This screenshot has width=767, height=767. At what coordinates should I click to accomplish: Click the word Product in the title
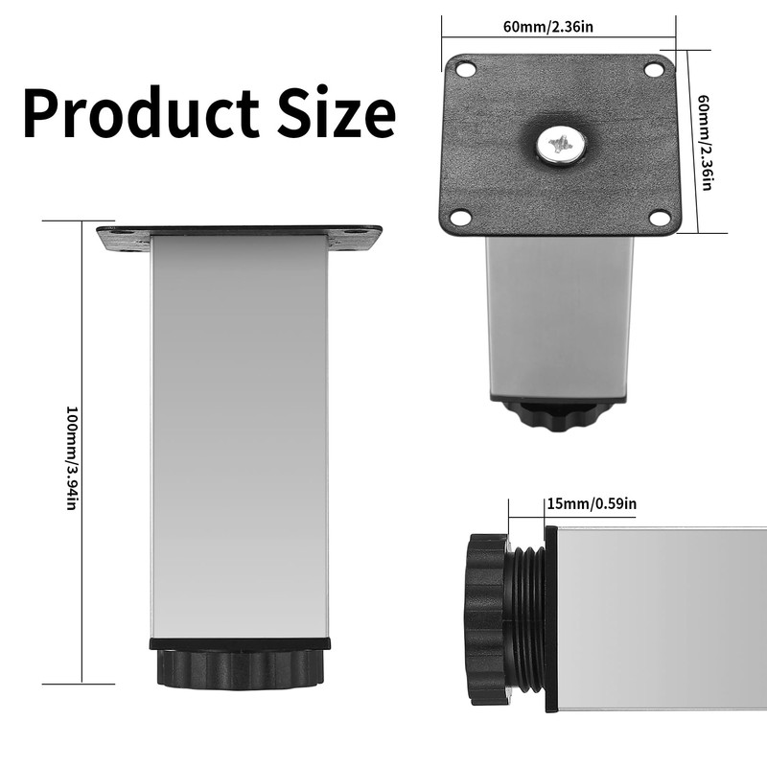tap(141, 112)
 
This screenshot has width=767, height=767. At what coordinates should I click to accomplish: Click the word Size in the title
tap(337, 112)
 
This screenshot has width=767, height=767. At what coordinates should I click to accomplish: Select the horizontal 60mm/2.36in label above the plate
tap(547, 26)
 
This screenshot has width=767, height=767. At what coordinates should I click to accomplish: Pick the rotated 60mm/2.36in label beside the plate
tap(705, 142)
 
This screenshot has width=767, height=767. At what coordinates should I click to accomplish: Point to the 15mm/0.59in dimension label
tap(592, 503)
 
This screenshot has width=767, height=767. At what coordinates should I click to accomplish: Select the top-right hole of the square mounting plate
tap(653, 69)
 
